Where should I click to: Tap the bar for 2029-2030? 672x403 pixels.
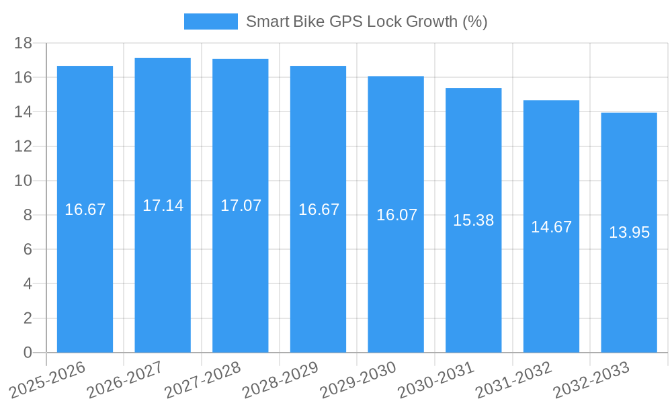[x=396, y=282]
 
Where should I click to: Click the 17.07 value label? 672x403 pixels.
[x=241, y=206]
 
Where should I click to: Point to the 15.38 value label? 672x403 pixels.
[x=473, y=220]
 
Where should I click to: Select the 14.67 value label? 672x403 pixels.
[x=551, y=227]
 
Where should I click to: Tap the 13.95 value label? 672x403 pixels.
[x=629, y=232]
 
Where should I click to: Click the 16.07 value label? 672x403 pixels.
[x=396, y=215]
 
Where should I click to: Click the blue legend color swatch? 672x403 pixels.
[x=211, y=21]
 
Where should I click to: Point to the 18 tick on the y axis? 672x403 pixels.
[x=24, y=43]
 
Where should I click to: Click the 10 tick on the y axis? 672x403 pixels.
[x=24, y=181]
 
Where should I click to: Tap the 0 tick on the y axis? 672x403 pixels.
[x=28, y=353]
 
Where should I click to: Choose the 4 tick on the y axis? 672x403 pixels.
[x=28, y=283]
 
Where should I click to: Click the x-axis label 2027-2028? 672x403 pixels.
[x=203, y=379]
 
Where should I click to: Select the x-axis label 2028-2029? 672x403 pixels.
[x=280, y=379]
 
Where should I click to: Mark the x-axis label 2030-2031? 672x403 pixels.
[x=436, y=379]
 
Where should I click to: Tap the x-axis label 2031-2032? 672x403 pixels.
[x=513, y=379]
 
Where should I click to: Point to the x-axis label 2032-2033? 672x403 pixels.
[x=591, y=379]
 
